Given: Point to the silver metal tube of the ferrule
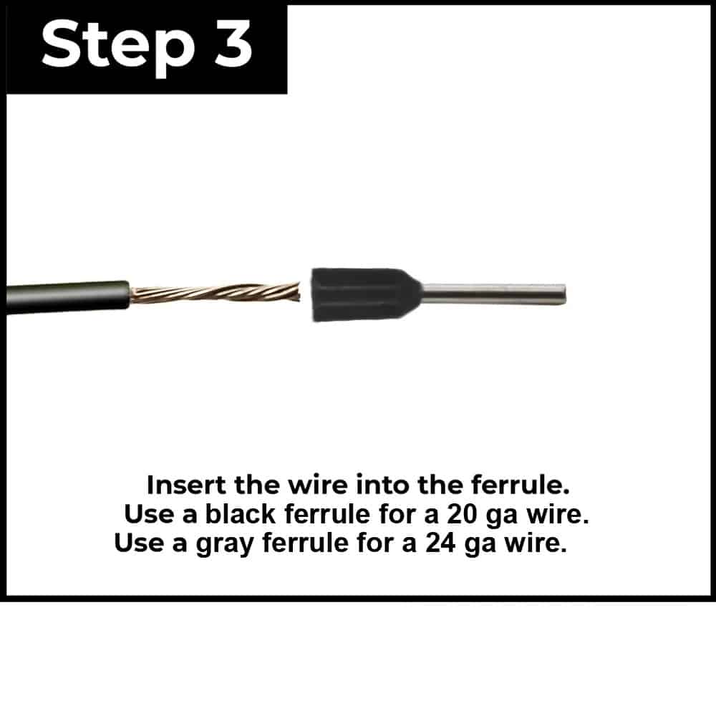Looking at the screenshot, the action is pos(493,294).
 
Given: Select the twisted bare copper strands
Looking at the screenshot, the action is pos(215,293).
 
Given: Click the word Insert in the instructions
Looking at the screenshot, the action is pos(186,485).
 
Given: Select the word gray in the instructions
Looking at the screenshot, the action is pos(225,544).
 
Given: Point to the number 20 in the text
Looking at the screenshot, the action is pos(462,514).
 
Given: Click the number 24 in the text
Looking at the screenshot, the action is pos(440,543).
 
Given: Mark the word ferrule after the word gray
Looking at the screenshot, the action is pos(305,543).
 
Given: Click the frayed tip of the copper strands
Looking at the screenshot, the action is pos(298,292).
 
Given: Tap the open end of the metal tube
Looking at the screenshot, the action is pos(564,294).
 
